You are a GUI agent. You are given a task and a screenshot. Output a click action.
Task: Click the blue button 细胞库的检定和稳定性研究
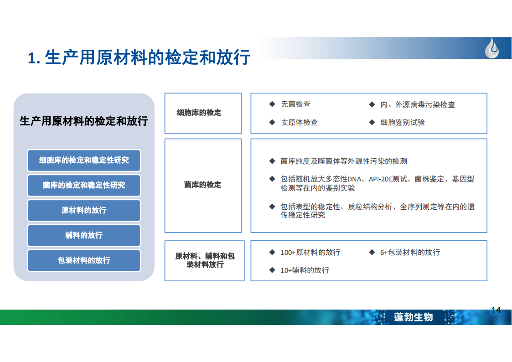tap(84, 160)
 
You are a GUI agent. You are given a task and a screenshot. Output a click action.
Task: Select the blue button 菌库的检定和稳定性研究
tap(84, 186)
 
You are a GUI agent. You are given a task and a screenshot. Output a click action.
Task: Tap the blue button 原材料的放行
tap(84, 210)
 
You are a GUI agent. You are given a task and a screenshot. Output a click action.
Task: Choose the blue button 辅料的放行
tap(84, 235)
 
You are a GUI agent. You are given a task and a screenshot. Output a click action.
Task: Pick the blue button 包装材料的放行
tap(84, 260)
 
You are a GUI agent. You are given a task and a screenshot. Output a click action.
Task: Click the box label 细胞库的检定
tap(199, 113)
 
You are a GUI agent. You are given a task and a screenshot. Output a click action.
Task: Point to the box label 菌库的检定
tap(202, 185)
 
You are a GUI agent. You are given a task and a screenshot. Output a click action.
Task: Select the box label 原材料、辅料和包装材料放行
tap(205, 260)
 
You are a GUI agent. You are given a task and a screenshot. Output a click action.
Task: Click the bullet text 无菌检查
tap(295, 104)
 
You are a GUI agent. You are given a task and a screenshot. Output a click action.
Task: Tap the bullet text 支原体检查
tap(299, 122)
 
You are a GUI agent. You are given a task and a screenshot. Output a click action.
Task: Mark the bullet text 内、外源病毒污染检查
tap(417, 104)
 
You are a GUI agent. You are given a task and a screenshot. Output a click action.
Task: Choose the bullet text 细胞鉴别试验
tap(402, 122)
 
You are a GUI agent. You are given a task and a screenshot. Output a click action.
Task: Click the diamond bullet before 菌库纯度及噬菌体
tap(272, 161)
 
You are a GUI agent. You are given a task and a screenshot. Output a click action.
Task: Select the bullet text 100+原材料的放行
tap(310, 252)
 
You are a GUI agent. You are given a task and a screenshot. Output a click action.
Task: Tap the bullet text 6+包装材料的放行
tap(410, 252)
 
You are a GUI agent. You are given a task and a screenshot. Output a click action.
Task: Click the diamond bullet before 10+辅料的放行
tap(272, 270)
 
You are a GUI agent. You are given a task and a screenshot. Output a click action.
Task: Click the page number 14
tap(496, 310)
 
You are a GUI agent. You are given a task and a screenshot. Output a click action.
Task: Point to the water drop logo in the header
tap(492, 48)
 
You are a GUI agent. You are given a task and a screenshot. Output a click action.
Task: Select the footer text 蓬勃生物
tap(414, 317)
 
